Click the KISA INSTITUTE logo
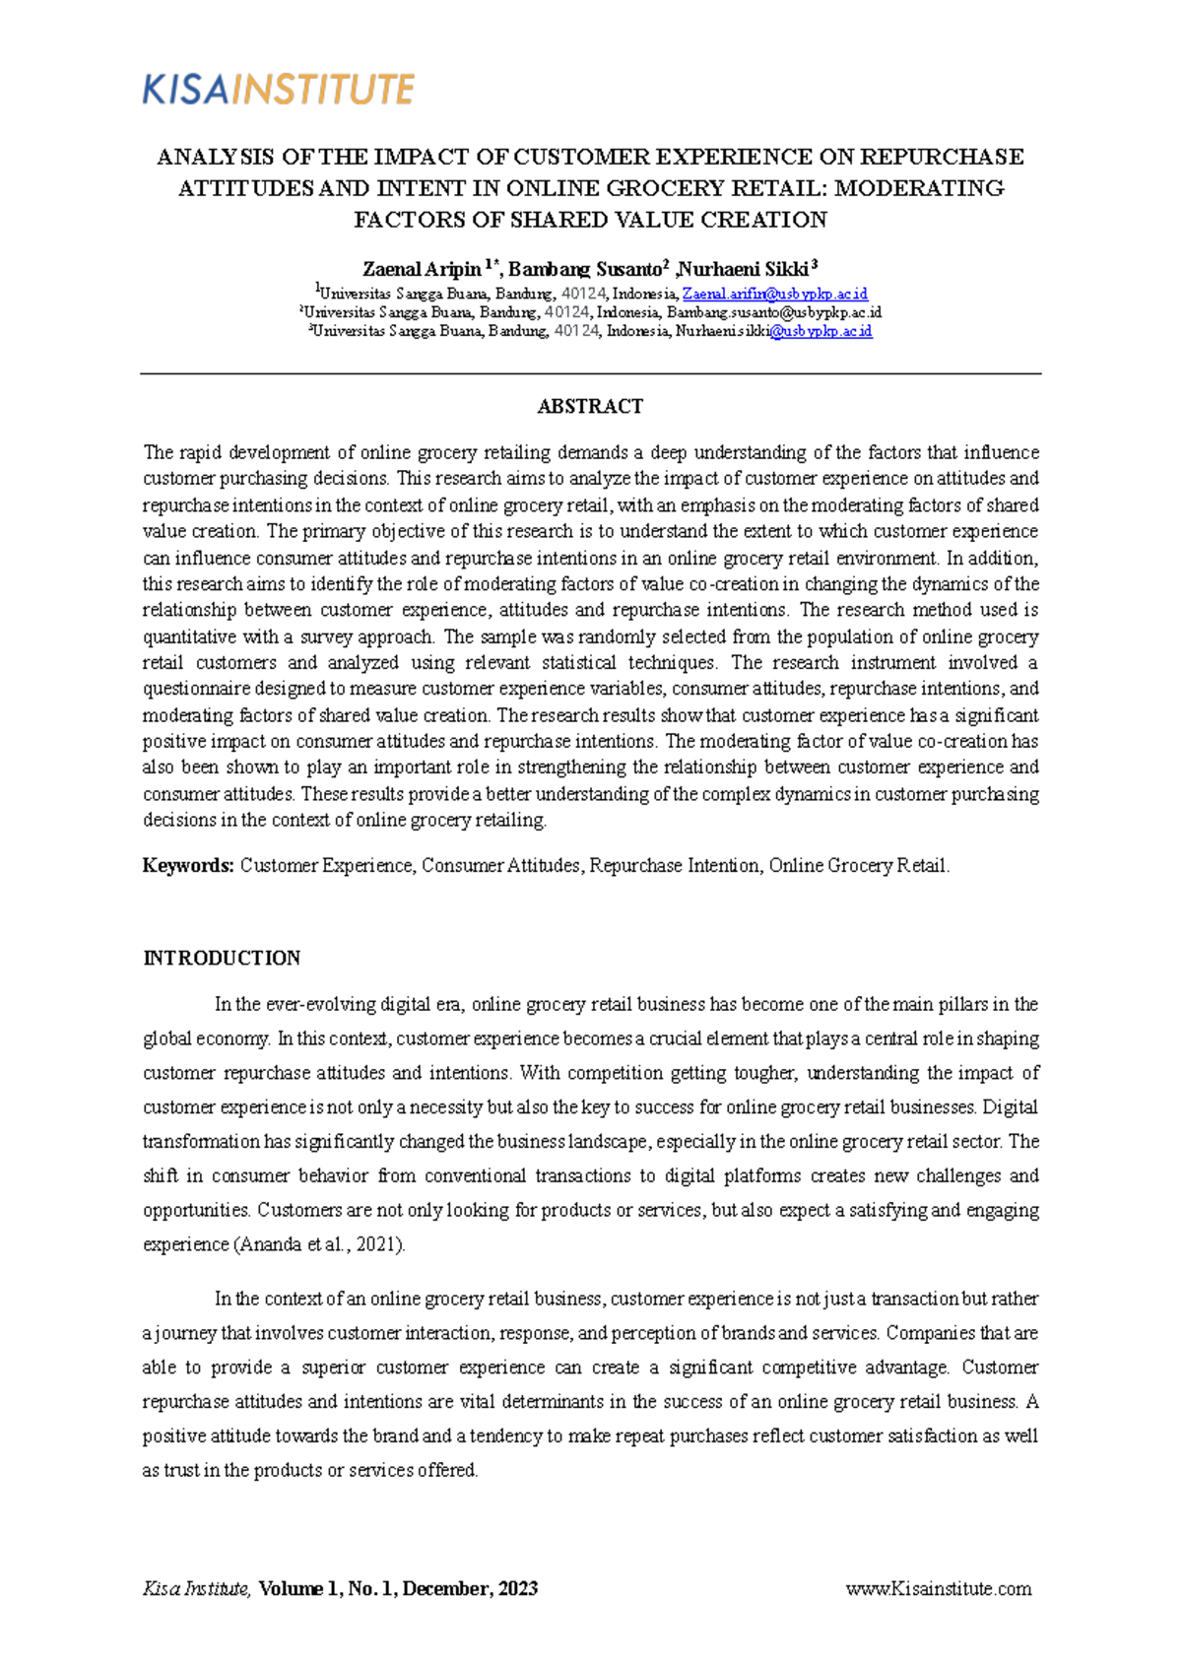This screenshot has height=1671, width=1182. tap(279, 90)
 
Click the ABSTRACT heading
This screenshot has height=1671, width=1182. tap(590, 406)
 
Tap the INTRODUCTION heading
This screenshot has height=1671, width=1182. tap(222, 958)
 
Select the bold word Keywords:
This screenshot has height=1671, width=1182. tap(188, 865)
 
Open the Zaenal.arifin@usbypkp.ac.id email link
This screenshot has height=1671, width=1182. tap(775, 294)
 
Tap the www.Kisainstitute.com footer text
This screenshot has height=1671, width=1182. tap(939, 1588)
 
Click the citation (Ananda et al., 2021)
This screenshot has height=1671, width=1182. tap(319, 1244)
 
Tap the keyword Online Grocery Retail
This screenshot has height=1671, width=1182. tap(857, 865)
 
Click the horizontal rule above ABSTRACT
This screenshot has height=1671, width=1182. tap(590, 374)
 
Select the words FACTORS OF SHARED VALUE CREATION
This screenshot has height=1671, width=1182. tap(590, 220)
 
